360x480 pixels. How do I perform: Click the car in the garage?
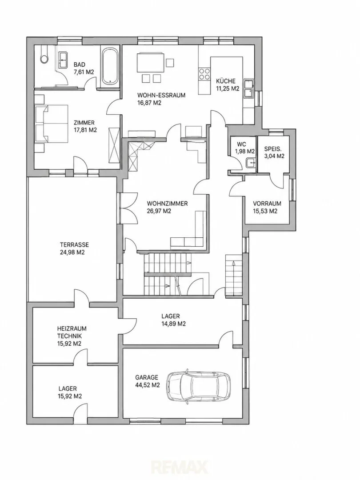[199, 384]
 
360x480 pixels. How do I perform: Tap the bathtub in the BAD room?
[110, 66]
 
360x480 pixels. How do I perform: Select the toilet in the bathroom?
[43, 55]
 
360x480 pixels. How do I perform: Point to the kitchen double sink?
[248, 89]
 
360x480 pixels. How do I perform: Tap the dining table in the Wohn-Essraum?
[150, 63]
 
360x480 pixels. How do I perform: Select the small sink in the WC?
[251, 163]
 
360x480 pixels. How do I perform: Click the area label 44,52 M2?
[147, 385]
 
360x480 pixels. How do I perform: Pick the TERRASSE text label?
[74, 245]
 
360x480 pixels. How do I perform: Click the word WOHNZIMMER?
[167, 203]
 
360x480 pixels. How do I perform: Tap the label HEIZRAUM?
[72, 328]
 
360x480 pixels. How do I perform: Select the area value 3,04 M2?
[274, 156]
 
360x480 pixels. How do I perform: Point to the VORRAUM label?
[267, 203]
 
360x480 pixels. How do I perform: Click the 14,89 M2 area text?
[174, 324]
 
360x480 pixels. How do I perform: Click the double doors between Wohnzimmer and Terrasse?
[128, 208]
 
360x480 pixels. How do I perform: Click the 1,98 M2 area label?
[245, 151]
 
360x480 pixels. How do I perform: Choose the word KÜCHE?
[226, 81]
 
